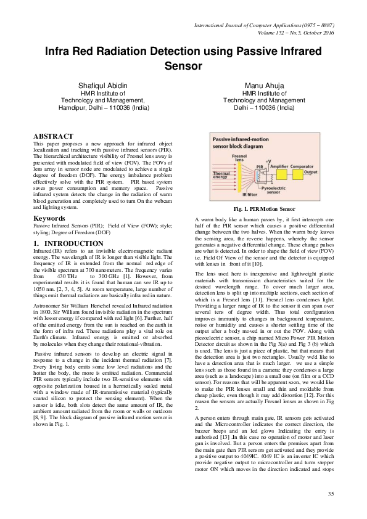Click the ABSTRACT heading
(53, 136)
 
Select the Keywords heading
(50, 218)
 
